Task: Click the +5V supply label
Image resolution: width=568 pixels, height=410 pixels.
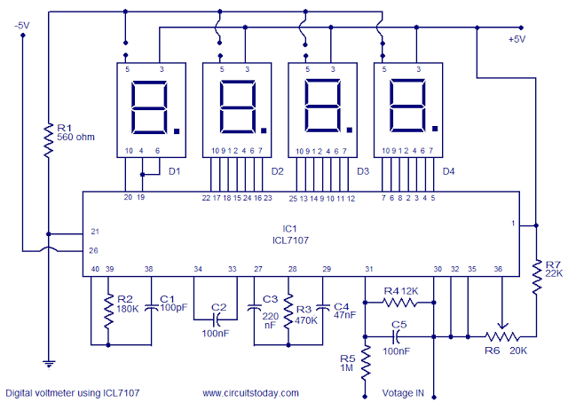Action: click(517, 39)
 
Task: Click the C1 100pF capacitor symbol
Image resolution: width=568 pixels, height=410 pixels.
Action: click(149, 307)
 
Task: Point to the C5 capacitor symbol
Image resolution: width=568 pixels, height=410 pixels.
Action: click(398, 337)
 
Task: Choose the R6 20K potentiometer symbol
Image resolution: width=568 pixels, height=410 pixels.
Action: click(504, 337)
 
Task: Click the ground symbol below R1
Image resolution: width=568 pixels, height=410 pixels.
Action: click(47, 363)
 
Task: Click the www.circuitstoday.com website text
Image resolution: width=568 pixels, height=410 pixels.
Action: click(250, 391)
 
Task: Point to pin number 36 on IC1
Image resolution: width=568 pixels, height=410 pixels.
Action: click(497, 269)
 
